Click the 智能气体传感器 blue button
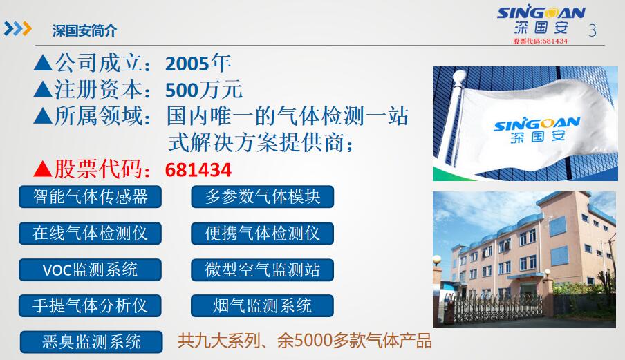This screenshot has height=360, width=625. click(x=90, y=197)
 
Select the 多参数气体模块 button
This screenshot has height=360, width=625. click(x=262, y=197)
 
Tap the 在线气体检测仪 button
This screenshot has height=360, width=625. click(x=90, y=234)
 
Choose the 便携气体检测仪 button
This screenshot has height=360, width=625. click(x=262, y=234)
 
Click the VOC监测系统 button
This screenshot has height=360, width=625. click(x=90, y=269)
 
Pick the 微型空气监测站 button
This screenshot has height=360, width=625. click(x=262, y=269)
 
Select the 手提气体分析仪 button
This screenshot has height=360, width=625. click(x=90, y=306)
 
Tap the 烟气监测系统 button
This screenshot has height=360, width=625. click(x=262, y=306)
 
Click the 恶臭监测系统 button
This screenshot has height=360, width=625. click(x=91, y=342)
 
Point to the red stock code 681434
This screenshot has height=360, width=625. click(x=198, y=170)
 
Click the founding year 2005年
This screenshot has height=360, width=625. click(x=198, y=64)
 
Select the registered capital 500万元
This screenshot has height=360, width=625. click(x=204, y=90)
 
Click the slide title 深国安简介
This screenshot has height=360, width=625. click(x=84, y=30)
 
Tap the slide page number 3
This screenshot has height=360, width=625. click(x=593, y=30)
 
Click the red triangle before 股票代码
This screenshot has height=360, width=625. click(x=43, y=169)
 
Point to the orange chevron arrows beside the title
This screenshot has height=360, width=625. click(x=18, y=28)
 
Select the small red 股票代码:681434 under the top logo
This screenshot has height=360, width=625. click(x=540, y=41)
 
